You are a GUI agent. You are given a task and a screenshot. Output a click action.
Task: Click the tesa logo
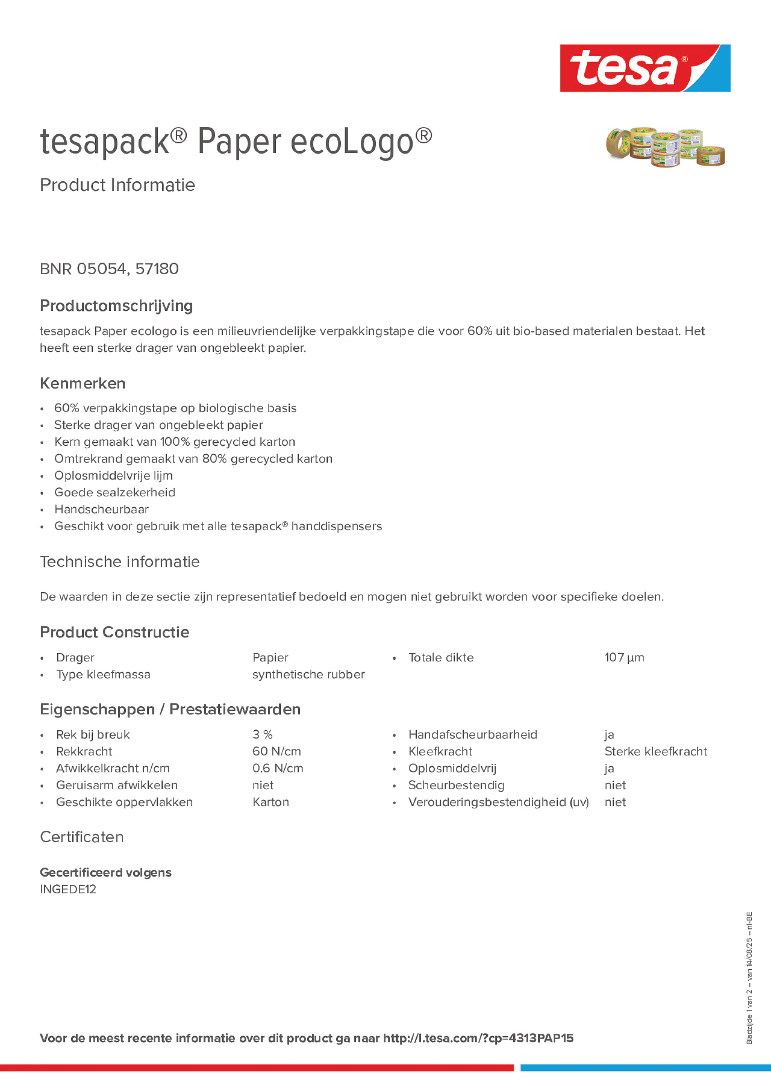645,69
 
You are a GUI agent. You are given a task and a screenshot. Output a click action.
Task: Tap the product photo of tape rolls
665,147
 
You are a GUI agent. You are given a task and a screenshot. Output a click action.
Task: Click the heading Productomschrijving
116,306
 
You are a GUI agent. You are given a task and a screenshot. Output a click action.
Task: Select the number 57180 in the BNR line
157,269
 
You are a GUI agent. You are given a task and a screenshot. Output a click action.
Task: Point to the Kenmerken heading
83,383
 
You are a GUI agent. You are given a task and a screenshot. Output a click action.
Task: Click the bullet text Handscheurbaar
101,509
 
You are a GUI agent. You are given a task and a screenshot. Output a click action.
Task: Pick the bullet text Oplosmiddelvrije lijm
113,475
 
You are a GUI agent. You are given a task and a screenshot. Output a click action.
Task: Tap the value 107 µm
624,658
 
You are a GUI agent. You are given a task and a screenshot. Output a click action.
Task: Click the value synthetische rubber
308,674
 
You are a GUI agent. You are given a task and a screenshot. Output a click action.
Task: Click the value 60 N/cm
276,751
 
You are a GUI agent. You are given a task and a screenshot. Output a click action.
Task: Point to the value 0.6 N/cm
277,768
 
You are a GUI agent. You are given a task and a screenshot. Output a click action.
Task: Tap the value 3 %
262,735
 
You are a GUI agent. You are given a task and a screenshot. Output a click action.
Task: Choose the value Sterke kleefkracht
655,751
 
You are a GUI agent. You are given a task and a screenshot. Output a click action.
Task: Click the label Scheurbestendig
456,785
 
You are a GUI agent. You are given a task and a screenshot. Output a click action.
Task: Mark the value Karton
270,802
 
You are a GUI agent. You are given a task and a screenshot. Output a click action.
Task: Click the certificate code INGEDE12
68,889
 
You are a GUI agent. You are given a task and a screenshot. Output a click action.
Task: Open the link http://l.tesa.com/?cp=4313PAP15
478,1038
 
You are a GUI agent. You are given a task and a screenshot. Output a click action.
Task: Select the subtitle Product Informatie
117,185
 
